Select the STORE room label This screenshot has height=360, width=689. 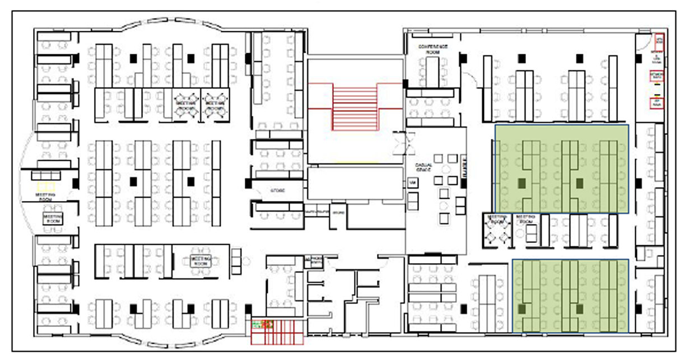(278, 190)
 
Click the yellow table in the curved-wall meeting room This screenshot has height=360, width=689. (47, 185)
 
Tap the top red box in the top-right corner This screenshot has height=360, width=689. (659, 40)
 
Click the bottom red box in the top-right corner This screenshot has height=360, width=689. (658, 103)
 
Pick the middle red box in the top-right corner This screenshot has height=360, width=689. (658, 75)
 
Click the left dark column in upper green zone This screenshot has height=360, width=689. (522, 183)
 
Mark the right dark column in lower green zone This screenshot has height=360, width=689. (580, 308)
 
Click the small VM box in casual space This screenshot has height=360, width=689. (412, 183)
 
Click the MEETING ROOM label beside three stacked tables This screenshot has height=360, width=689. (200, 260)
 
